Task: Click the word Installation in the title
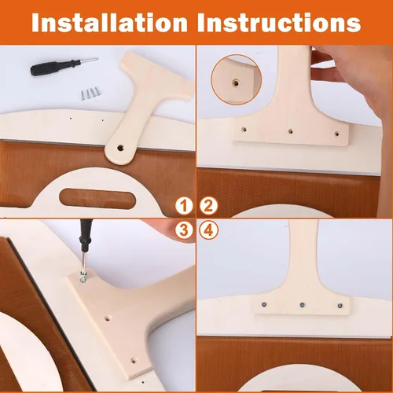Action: click(x=109, y=23)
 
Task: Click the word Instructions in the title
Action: click(x=279, y=23)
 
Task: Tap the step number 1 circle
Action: click(x=184, y=206)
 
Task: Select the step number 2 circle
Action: click(x=208, y=206)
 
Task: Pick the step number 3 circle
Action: click(x=184, y=230)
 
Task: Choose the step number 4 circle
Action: click(x=208, y=230)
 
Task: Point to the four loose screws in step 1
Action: click(x=90, y=94)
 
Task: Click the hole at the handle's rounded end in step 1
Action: click(x=120, y=148)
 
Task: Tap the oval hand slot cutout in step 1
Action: click(x=97, y=199)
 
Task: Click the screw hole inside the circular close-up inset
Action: click(x=236, y=83)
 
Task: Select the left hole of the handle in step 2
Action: click(x=244, y=129)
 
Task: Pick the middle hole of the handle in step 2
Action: click(x=290, y=131)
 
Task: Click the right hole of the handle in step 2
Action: click(x=337, y=134)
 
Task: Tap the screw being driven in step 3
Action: click(x=84, y=277)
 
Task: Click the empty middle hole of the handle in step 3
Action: click(x=107, y=319)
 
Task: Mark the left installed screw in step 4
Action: click(x=264, y=304)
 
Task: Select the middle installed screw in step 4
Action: click(x=303, y=305)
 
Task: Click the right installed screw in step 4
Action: click(x=340, y=305)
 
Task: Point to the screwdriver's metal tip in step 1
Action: click(x=89, y=61)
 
